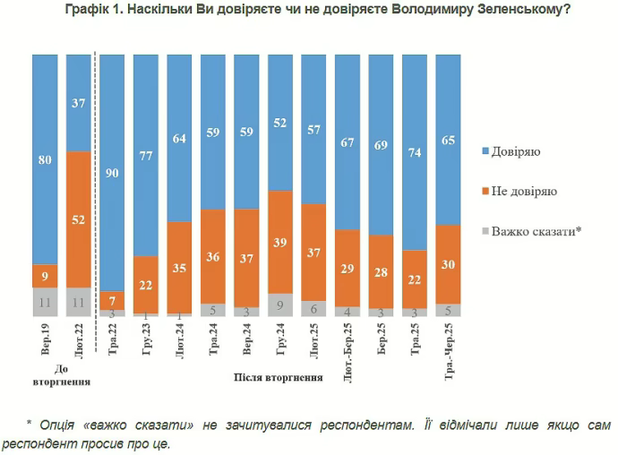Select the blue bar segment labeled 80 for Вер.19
(x=46, y=159)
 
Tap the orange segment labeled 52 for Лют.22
(x=80, y=219)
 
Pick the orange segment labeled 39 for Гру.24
(x=280, y=241)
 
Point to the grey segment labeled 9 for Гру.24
(x=280, y=305)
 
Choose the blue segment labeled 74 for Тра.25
(x=415, y=151)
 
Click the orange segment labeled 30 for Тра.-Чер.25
(x=449, y=264)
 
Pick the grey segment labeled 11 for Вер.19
(x=46, y=302)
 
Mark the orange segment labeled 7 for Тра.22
(x=113, y=300)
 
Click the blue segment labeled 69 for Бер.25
(x=382, y=144)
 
